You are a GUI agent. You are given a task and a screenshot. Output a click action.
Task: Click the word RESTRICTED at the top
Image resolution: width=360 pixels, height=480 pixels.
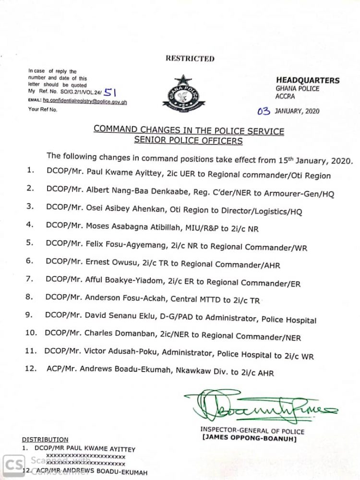pos(190,59)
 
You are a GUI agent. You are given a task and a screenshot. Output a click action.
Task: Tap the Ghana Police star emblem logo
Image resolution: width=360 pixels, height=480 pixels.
pos(183,94)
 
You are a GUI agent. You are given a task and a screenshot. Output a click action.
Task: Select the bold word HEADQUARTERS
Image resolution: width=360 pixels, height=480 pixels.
pos(308,81)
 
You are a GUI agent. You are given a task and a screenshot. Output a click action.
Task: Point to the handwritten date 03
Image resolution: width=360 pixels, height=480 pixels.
pos(264,111)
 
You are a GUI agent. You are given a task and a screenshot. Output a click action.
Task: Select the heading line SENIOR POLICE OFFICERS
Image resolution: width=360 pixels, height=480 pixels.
pos(188,141)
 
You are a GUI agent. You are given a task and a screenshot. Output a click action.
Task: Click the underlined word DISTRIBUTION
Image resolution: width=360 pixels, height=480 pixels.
pos(45,439)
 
